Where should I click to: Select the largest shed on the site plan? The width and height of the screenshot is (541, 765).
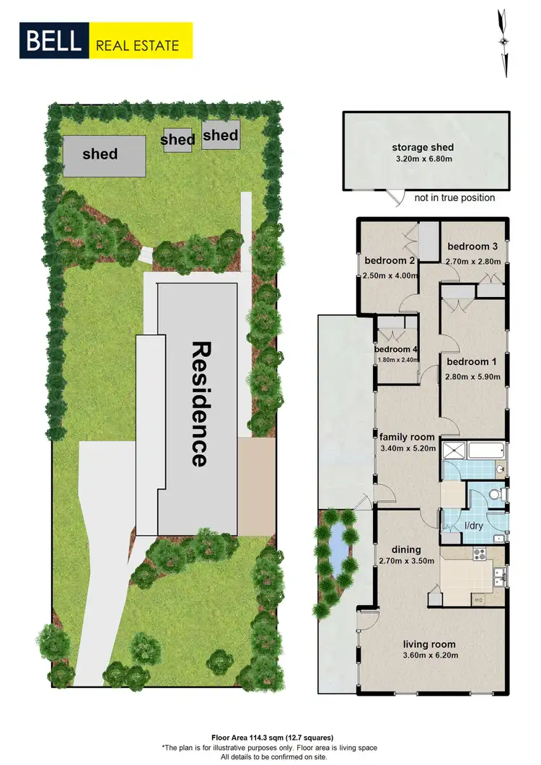click(x=100, y=154)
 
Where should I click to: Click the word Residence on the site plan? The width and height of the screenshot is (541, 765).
click(x=200, y=403)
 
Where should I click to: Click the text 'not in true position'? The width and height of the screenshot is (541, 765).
click(x=454, y=198)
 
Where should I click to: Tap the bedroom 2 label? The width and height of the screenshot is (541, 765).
click(x=390, y=261)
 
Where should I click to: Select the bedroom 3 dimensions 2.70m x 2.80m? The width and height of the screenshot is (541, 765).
click(x=472, y=261)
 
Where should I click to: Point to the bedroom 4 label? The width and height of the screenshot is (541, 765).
click(x=395, y=350)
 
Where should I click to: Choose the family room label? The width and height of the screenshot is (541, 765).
click(x=408, y=437)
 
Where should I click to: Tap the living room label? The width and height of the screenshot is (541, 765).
click(x=428, y=645)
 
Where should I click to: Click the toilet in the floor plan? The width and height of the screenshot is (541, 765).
click(x=495, y=495)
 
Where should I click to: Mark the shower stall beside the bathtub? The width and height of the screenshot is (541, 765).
click(x=454, y=452)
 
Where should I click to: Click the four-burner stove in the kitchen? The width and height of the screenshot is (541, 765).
click(x=480, y=554)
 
